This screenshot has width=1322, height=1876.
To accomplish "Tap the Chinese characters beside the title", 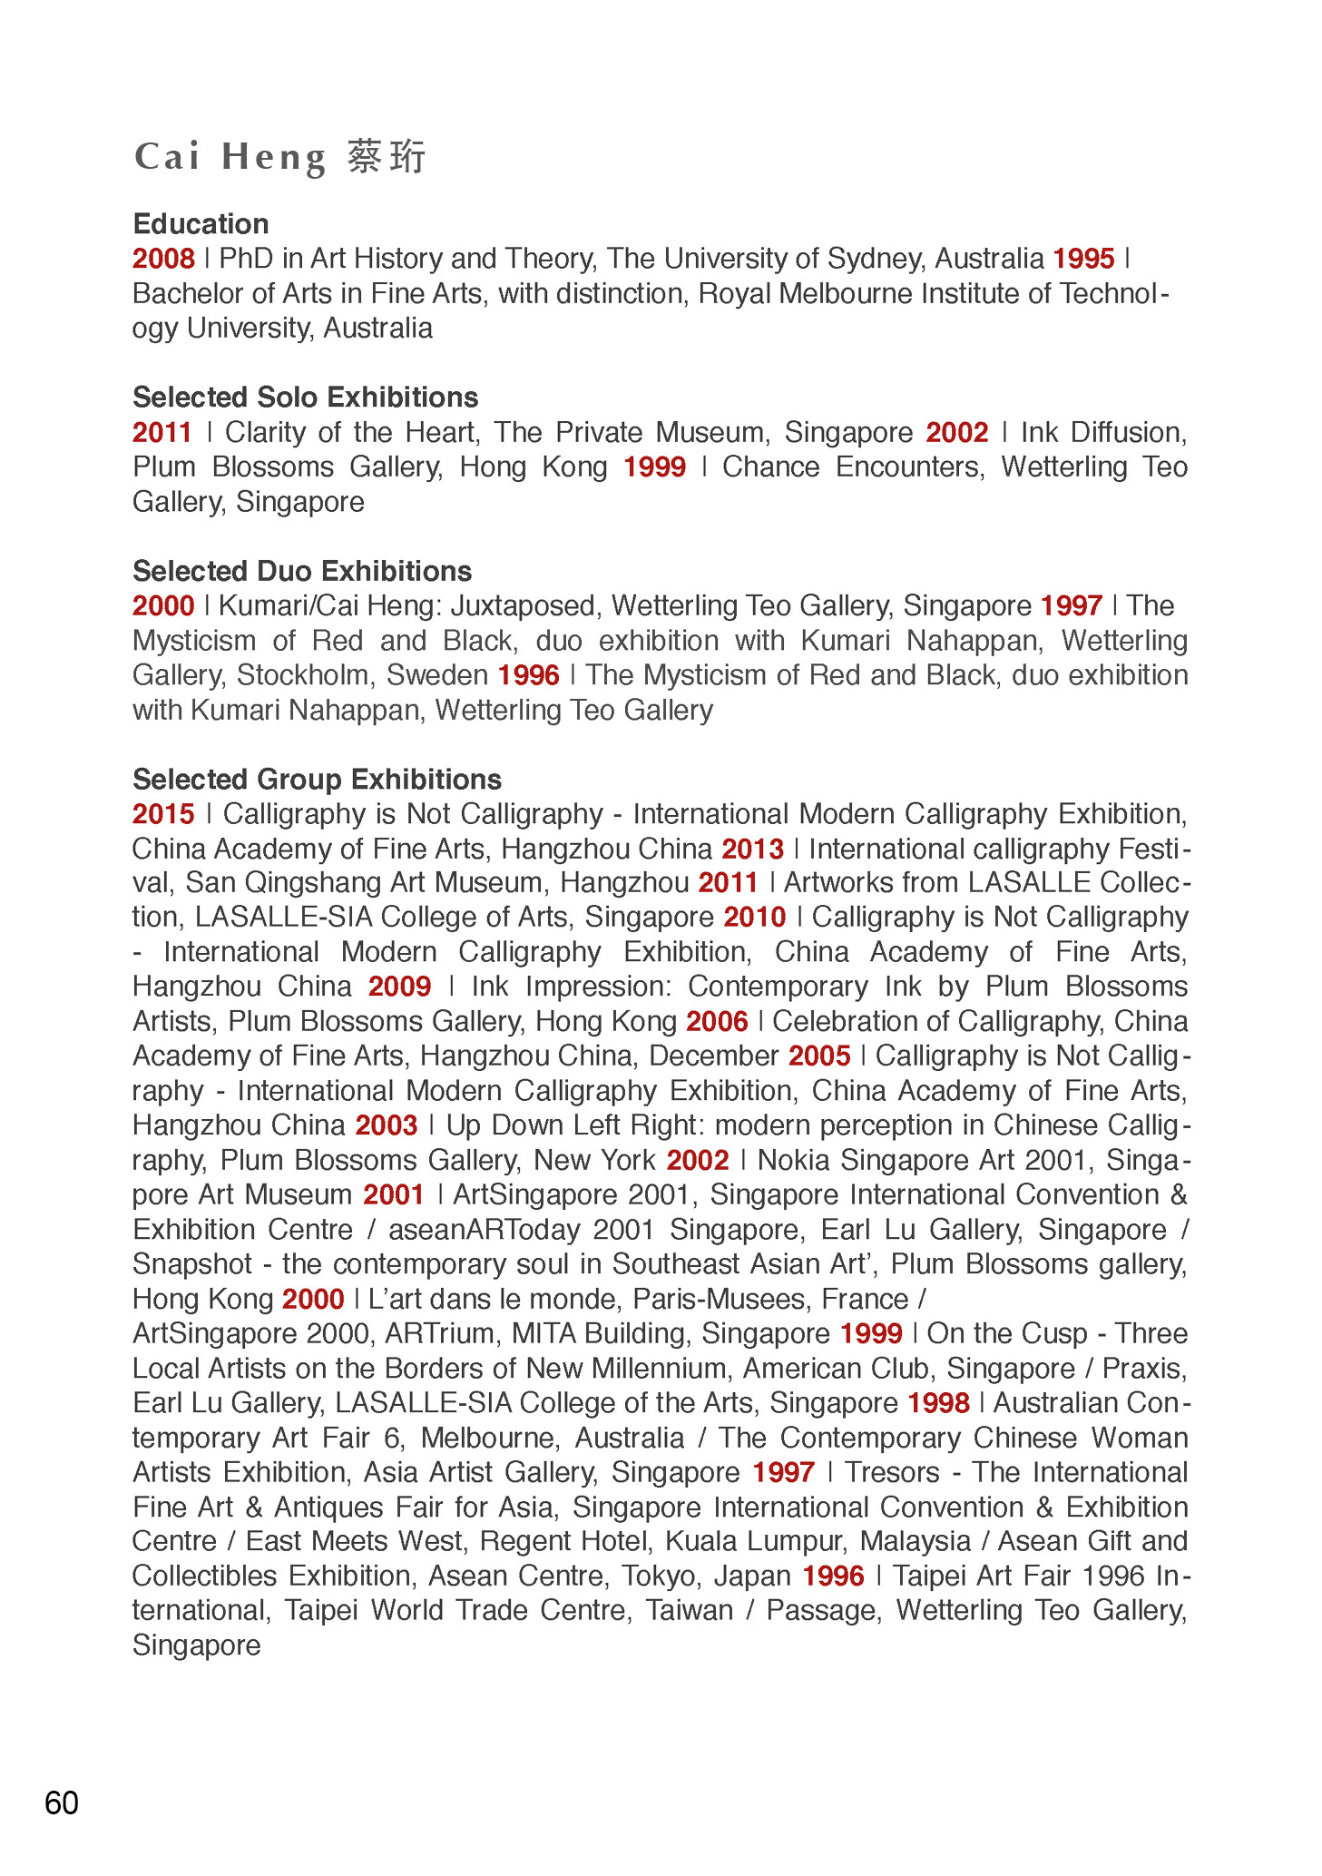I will (x=387, y=157).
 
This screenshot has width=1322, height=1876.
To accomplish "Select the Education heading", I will (x=201, y=224).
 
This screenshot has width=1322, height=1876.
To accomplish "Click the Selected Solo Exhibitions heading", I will (x=305, y=398).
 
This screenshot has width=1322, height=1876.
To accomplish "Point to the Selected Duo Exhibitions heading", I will (x=302, y=571).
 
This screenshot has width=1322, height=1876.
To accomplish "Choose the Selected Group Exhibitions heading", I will (x=317, y=780).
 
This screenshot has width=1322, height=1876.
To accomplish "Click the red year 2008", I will (x=163, y=259).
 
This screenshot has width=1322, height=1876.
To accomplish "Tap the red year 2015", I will (x=163, y=814).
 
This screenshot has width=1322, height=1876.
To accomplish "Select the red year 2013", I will (x=752, y=850).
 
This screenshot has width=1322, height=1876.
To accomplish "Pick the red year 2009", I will (x=399, y=987).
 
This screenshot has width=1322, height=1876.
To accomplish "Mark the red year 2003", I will (x=386, y=1125).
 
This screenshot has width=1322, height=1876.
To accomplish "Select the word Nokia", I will (x=794, y=1161).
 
